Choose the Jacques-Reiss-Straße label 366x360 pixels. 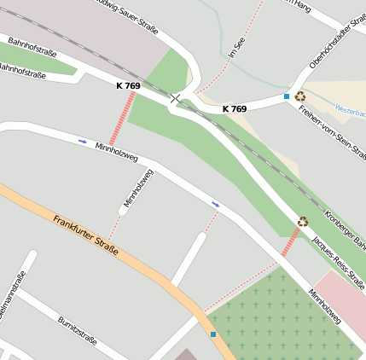339,260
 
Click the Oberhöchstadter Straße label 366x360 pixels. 337,44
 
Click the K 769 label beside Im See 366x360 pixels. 235,109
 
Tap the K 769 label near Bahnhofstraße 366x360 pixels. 128,86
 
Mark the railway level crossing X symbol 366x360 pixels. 175,99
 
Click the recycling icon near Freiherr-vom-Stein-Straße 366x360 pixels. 300,96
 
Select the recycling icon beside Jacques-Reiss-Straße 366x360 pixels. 303,221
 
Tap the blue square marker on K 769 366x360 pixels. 287,96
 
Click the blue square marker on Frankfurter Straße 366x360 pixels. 213,334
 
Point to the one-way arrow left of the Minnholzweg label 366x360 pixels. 83,141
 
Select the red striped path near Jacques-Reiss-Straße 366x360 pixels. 291,241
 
